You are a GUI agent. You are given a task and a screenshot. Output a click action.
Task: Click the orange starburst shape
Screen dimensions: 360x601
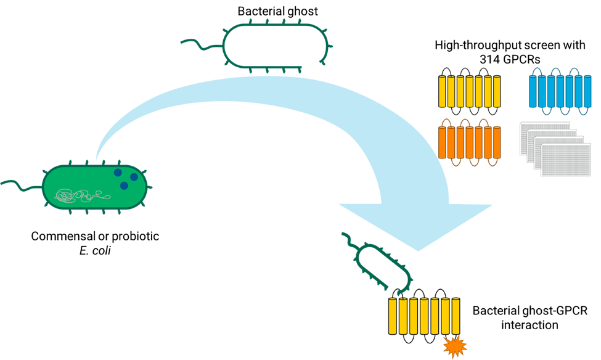tap(455, 346)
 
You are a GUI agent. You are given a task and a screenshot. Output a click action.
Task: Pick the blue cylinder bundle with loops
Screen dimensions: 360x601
tap(560, 91)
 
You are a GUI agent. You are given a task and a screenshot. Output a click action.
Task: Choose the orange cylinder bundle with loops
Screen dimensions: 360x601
tap(469, 142)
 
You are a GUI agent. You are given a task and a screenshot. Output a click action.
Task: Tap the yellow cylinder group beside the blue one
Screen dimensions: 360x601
tap(469, 91)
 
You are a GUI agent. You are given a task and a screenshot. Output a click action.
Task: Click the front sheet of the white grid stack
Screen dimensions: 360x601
tap(565, 160)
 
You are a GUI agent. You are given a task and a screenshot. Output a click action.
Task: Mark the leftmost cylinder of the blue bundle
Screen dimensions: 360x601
tap(534, 91)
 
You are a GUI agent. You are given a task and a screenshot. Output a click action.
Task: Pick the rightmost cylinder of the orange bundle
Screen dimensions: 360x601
tap(496, 142)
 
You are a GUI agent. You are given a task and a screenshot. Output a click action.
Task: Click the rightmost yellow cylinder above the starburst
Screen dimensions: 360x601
tap(456, 316)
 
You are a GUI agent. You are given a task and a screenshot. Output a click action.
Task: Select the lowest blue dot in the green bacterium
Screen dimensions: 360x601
tap(124, 186)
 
